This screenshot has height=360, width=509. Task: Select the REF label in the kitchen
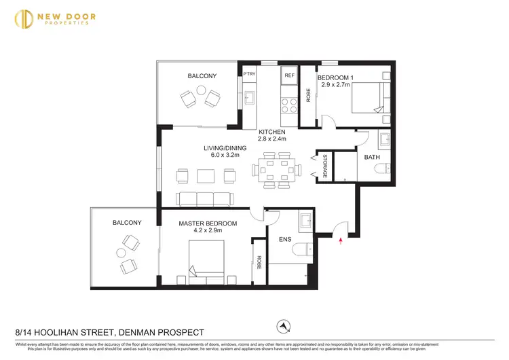tap(289, 75)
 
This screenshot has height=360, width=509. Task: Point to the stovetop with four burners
tap(289, 105)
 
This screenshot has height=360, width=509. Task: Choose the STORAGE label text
tap(326, 167)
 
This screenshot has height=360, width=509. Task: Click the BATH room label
tap(372, 157)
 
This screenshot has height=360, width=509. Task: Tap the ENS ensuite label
tap(285, 238)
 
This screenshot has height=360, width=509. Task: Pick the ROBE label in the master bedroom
tap(259, 262)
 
